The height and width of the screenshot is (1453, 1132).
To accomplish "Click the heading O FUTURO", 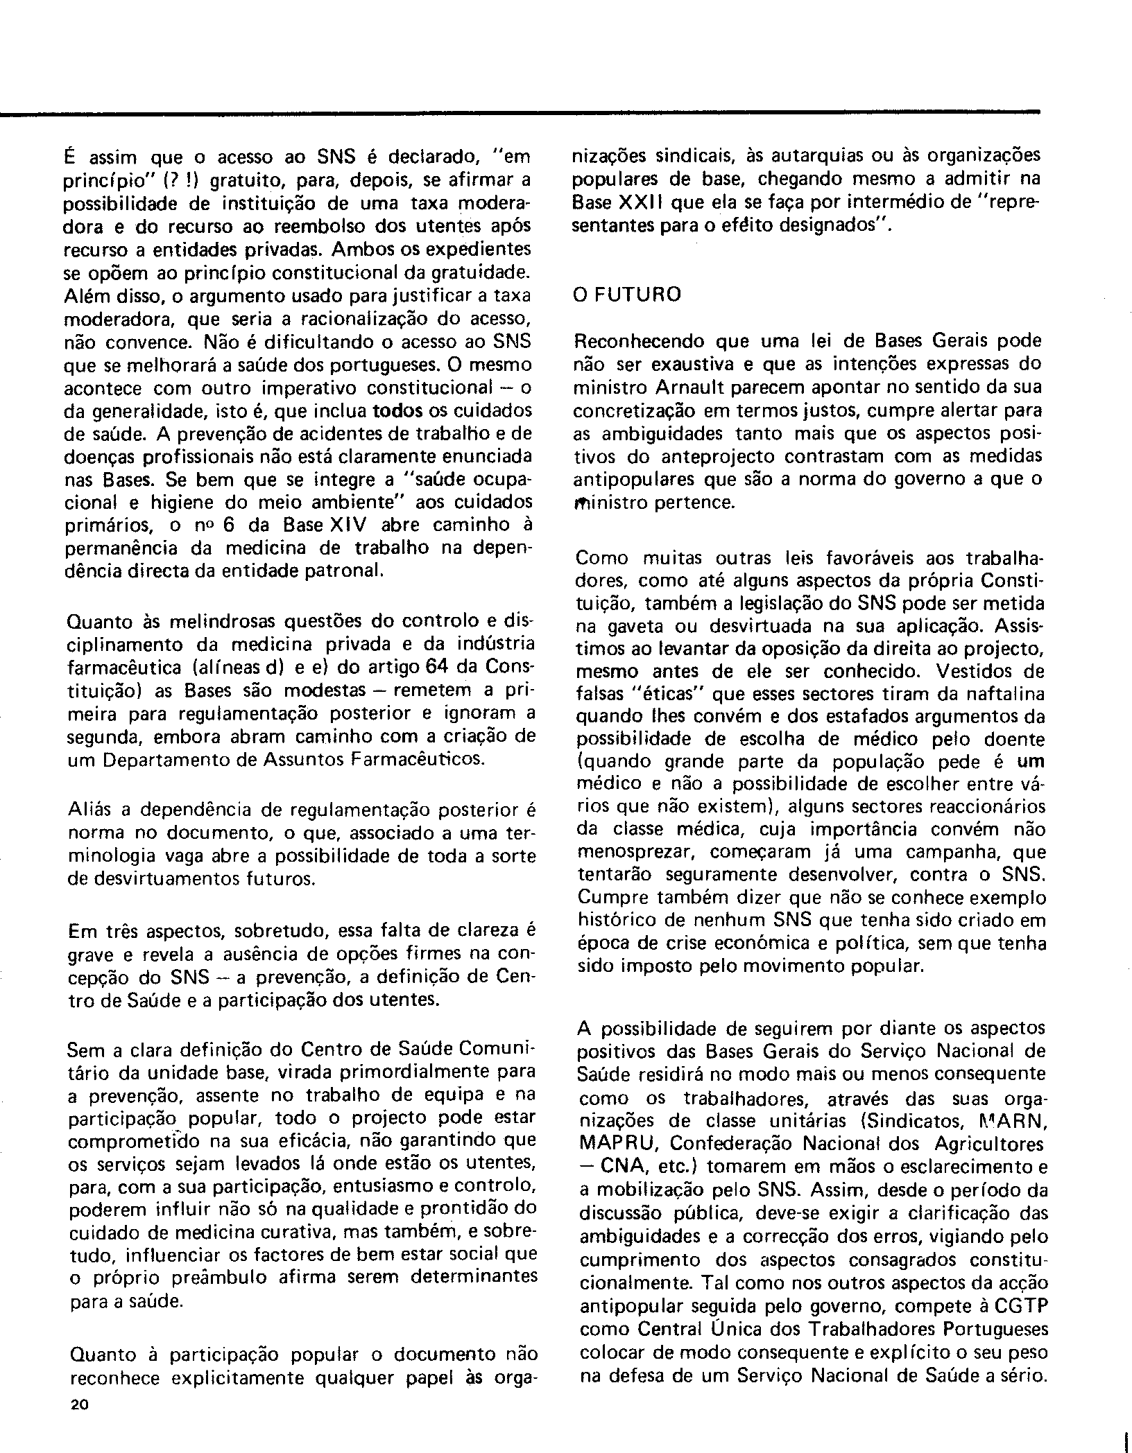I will pos(627,294).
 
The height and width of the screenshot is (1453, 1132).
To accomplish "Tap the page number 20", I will pos(78,1405).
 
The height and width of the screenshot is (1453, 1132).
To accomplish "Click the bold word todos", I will pos(397,410).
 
